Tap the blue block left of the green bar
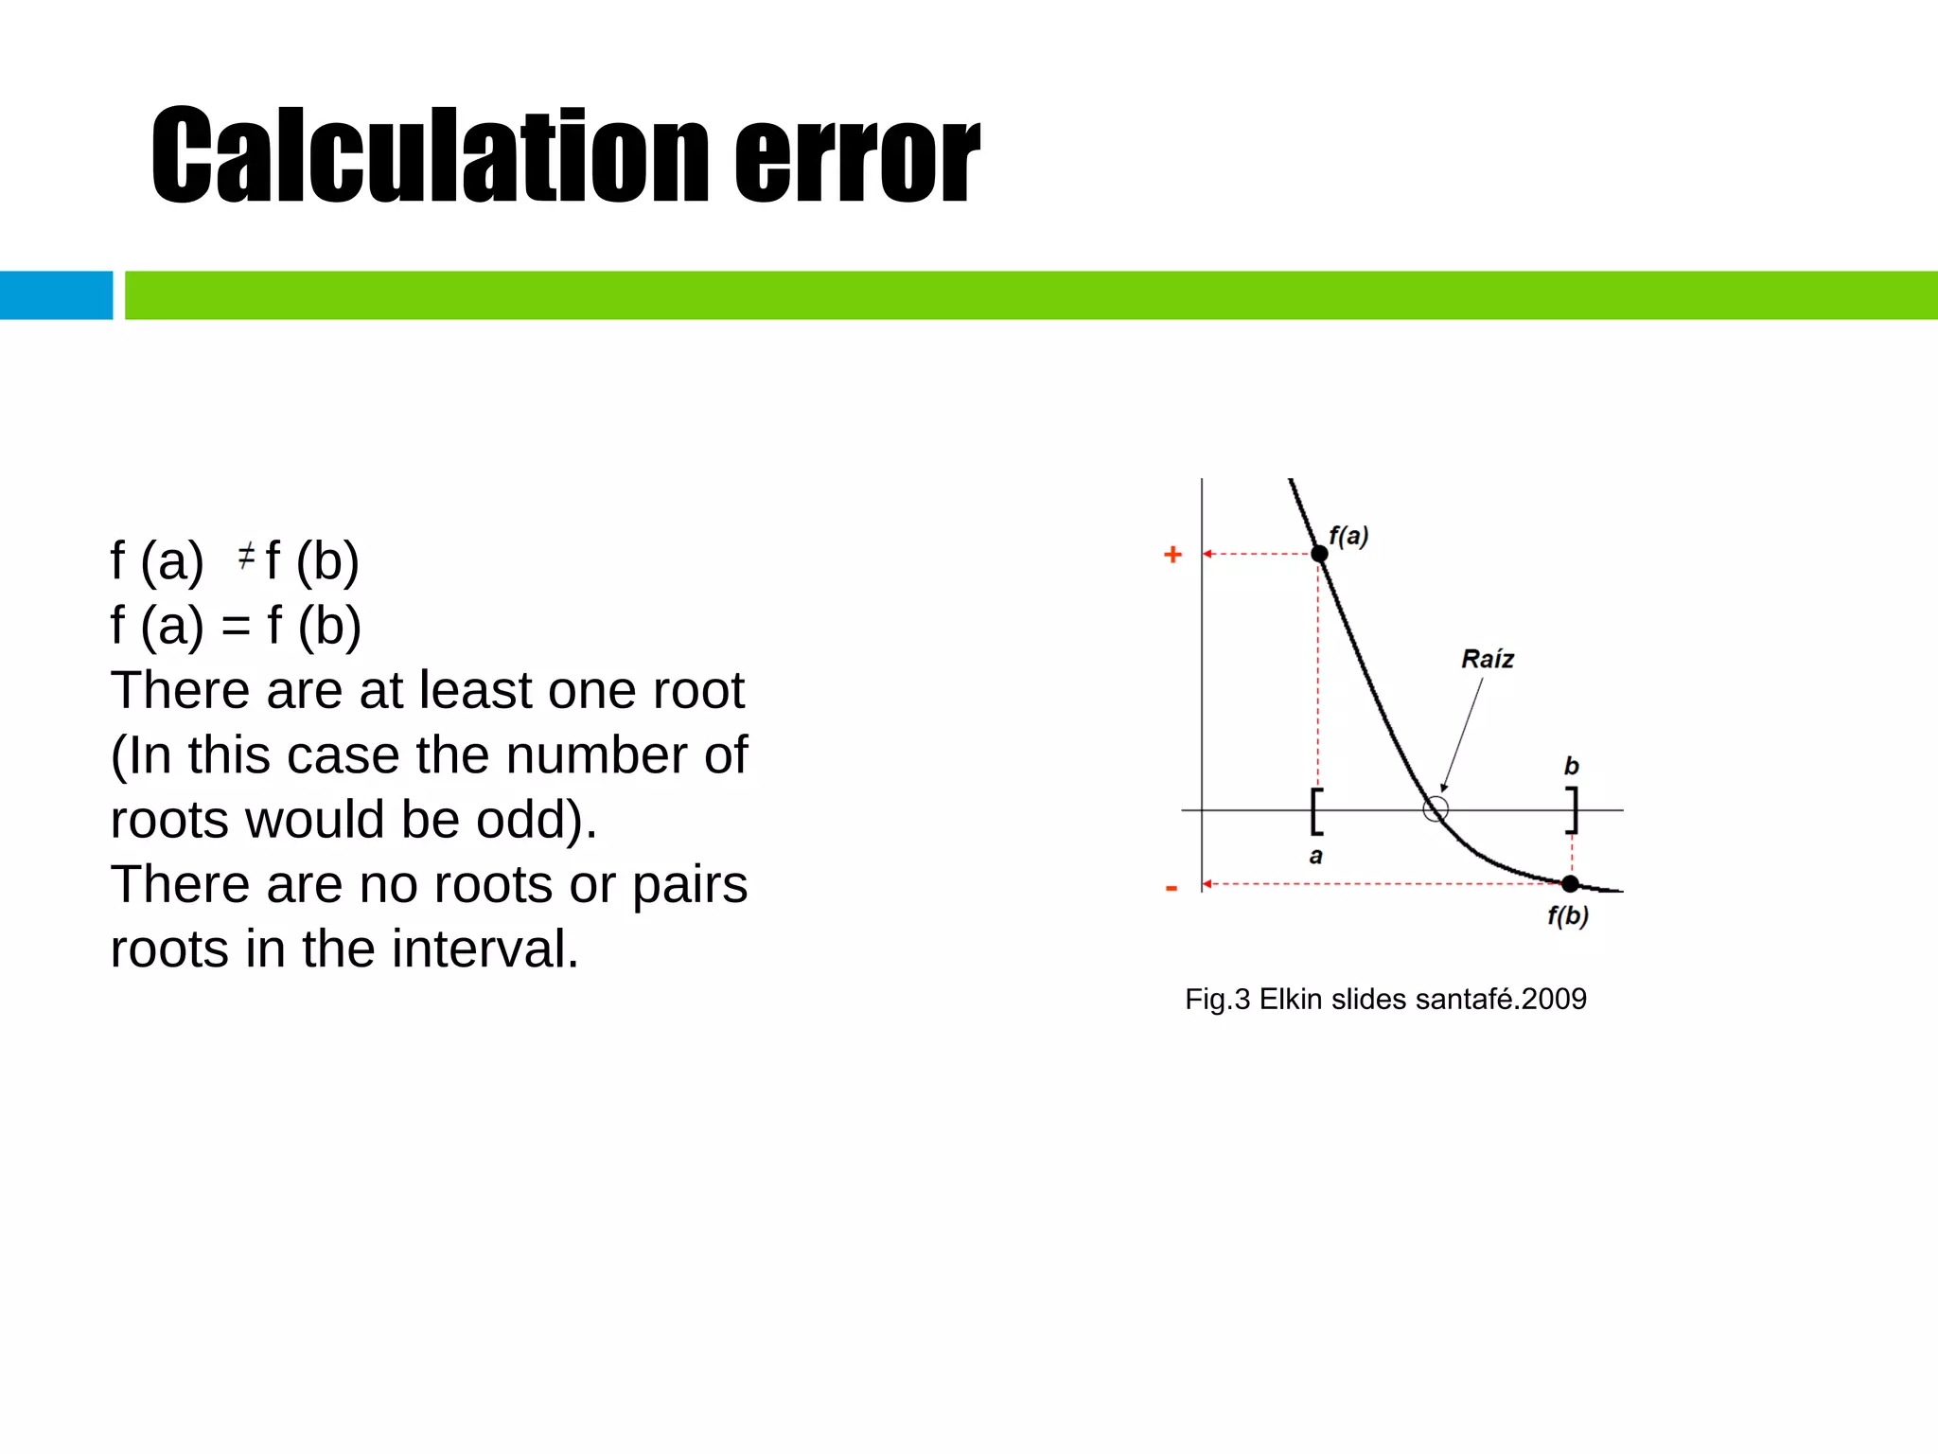[x=56, y=295]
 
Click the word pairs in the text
[x=690, y=886]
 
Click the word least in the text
[x=478, y=690]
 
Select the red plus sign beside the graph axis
[x=1172, y=555]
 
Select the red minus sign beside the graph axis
[x=1172, y=888]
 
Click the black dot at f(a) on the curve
[x=1319, y=554]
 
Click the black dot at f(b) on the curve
[x=1570, y=884]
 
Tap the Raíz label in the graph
[x=1487, y=659]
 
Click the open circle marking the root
[x=1436, y=809]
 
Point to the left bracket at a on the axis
[x=1316, y=811]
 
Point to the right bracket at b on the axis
[x=1572, y=810]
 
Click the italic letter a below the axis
[x=1315, y=857]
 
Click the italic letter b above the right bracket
[x=1572, y=765]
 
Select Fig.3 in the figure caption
[x=1217, y=1000]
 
